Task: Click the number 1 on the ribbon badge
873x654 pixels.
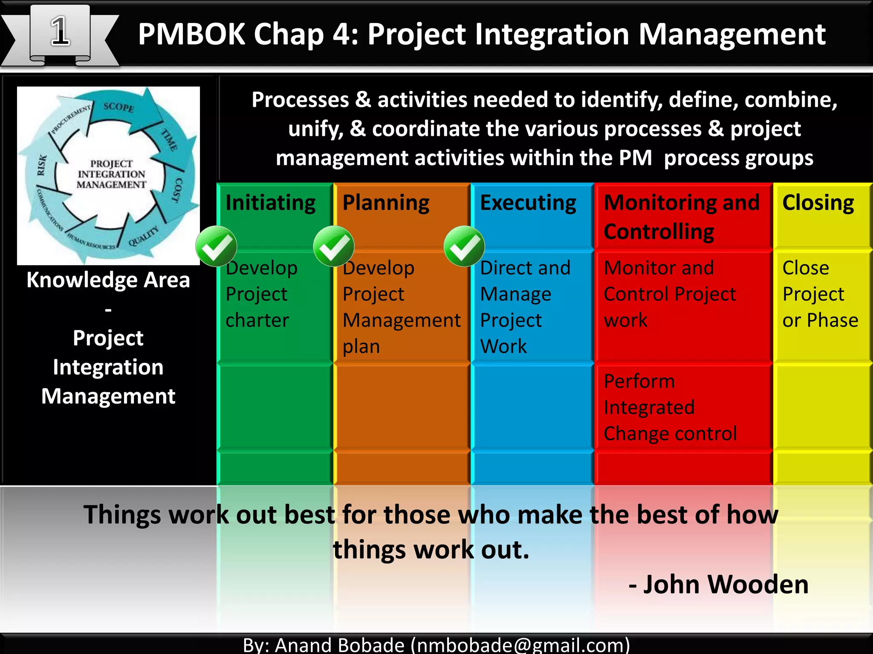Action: point(60,32)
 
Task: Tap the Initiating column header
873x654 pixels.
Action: point(270,203)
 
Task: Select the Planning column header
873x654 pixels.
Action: point(386,203)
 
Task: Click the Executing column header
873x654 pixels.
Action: point(528,203)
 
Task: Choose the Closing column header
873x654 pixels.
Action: point(818,203)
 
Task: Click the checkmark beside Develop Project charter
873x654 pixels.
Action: point(216,247)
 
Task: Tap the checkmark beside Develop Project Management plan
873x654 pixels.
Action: point(333,247)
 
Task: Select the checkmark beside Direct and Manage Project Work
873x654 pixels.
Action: point(464,247)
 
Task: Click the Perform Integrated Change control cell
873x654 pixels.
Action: point(670,407)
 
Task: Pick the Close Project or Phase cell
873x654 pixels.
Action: point(820,294)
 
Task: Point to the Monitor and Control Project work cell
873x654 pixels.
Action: point(669,294)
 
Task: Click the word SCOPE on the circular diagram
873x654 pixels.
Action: point(119,107)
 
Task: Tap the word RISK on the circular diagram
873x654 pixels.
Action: point(42,165)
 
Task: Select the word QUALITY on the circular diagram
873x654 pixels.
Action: point(143,235)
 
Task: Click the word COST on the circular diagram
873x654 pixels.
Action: point(177,190)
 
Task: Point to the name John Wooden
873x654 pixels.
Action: point(726,584)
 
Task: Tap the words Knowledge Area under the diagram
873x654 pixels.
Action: point(108,280)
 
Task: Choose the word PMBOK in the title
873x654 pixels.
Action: point(191,34)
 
